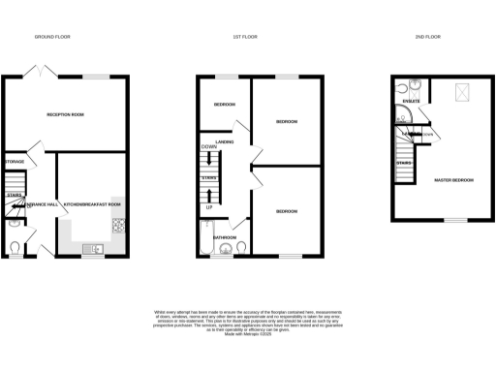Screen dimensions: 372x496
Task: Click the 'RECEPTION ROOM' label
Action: coord(66,114)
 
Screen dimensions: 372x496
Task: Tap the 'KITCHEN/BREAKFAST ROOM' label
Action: coord(92,204)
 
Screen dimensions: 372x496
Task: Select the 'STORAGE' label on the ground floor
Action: coord(15,161)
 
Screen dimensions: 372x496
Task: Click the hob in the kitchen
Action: coord(119,227)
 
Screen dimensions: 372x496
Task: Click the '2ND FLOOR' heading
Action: coord(427,36)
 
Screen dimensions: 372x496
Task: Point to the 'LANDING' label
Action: coord(229,143)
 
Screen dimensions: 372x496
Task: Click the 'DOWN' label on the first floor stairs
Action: coord(208,146)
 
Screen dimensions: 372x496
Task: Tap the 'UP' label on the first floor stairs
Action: coord(208,206)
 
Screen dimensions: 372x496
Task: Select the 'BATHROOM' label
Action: coord(226,236)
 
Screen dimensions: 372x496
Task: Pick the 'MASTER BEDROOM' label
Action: coord(452,180)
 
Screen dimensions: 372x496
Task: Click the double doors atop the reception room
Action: coord(39,71)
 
